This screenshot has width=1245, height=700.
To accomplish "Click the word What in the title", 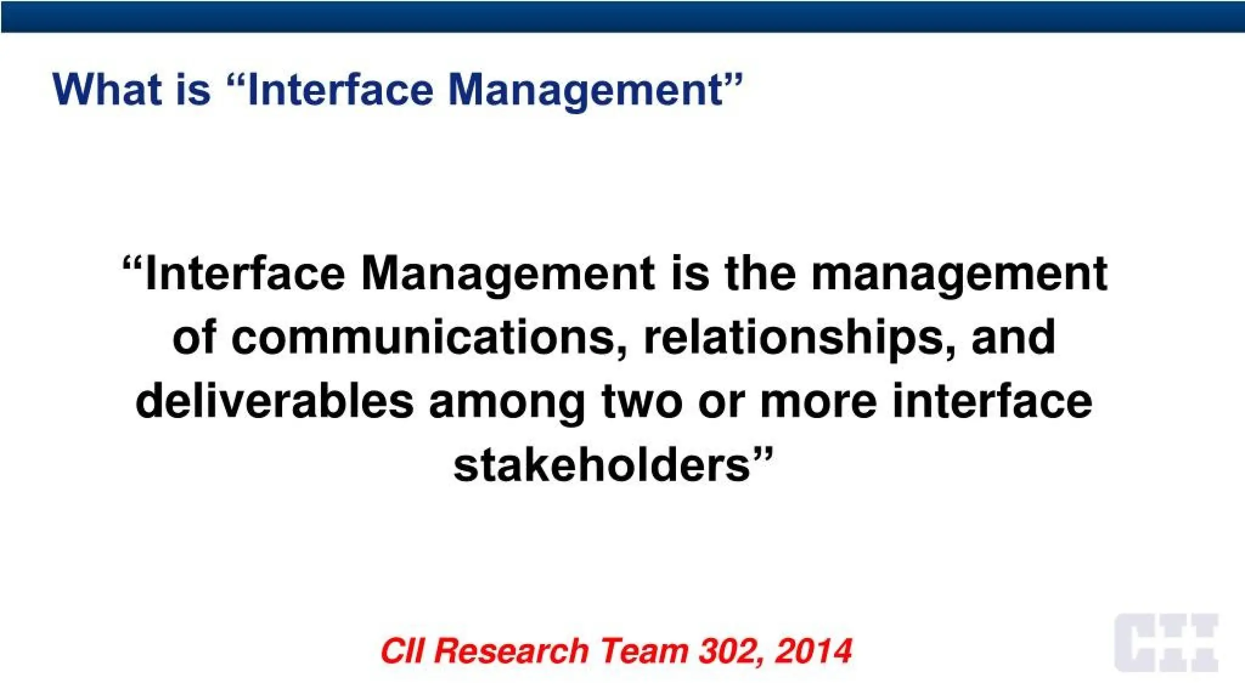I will coord(107,89).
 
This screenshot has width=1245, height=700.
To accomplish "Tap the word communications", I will coord(424,338).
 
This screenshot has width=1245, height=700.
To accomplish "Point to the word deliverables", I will coord(274,402).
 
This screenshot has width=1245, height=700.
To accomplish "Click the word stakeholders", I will coord(602,465).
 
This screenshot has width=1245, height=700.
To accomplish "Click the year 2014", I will coord(814,651).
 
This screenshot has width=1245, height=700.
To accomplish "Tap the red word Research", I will coord(511,651).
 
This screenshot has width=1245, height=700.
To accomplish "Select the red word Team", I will coord(643,651).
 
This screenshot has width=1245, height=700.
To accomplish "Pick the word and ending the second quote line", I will coord(1013,338).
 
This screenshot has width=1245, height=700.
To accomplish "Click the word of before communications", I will coord(193,338).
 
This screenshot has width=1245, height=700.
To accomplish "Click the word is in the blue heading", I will coord(193,89).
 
